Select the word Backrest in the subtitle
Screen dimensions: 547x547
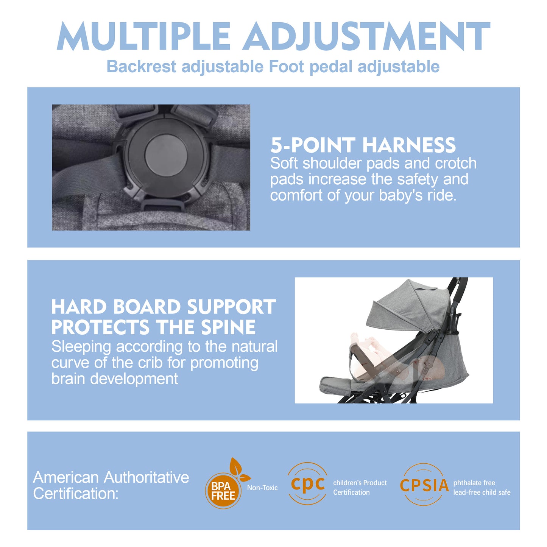click(141, 66)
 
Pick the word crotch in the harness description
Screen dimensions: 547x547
click(456, 164)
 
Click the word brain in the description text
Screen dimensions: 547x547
click(68, 379)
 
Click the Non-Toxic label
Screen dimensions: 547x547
click(262, 488)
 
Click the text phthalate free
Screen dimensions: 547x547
click(474, 483)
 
